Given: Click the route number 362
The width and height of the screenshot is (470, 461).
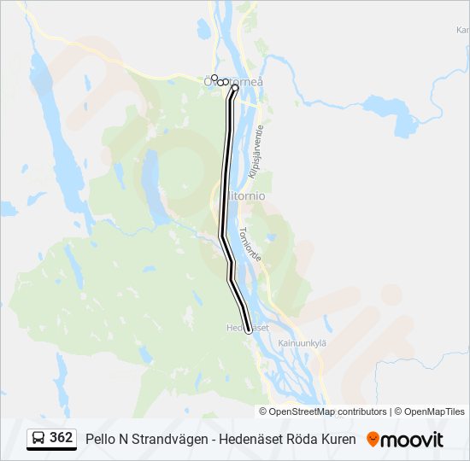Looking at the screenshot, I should tap(61, 438).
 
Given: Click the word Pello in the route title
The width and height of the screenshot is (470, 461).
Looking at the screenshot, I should tap(99, 439).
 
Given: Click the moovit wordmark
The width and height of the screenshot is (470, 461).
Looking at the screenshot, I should tap(413, 439).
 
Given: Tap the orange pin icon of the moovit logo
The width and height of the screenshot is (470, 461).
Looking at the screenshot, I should tap(373, 439).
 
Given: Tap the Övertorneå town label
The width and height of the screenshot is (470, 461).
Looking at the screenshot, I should tap(234, 81).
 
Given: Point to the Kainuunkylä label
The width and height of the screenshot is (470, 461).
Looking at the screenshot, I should tap(303, 343).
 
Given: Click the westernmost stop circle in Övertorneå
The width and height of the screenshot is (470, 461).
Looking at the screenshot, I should tap(214, 78).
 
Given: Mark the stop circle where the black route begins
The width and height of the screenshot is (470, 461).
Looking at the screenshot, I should tap(234, 87).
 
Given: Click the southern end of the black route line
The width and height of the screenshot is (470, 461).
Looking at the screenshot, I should tap(249, 330).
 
